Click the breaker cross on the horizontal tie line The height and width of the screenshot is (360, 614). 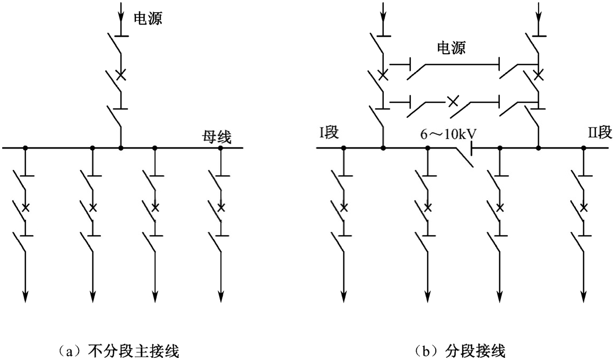[452, 100]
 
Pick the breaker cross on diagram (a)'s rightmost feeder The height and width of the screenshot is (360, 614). [221, 207]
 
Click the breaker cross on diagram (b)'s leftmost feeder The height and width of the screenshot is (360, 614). [343, 207]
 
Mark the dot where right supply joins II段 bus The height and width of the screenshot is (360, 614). [539, 148]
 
